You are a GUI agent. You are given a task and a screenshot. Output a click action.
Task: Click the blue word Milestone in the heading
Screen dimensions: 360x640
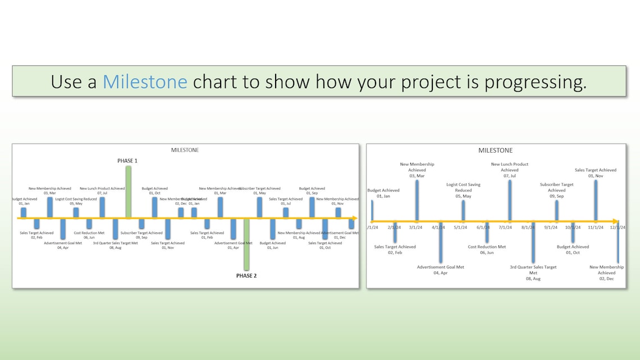tap(145, 81)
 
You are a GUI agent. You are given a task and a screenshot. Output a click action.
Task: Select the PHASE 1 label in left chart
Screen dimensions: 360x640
tap(127, 161)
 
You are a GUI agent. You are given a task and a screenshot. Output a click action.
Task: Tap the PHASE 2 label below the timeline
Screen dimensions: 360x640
tap(246, 276)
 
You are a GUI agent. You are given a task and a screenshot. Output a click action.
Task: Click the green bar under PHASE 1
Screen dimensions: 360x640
tap(129, 192)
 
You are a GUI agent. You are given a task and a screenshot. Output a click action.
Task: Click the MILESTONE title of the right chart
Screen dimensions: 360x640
tap(495, 151)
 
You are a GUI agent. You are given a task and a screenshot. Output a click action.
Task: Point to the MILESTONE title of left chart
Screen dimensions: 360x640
tap(185, 150)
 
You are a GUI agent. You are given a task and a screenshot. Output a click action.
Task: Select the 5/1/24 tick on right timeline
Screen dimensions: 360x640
tap(460, 227)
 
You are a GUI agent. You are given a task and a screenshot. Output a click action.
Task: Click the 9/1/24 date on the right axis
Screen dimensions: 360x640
tap(550, 227)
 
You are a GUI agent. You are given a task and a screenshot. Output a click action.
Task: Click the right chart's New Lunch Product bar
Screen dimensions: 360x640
tap(510, 200)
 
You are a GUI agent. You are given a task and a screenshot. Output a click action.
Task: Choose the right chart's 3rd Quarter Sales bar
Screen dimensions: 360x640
tap(533, 242)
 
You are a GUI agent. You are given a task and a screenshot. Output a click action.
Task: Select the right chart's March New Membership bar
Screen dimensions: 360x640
tap(417, 200)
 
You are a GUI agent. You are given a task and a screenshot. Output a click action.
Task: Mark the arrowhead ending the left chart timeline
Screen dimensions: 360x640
tap(354, 218)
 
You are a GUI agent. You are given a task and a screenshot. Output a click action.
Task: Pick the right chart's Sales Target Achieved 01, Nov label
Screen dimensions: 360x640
tap(595, 172)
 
